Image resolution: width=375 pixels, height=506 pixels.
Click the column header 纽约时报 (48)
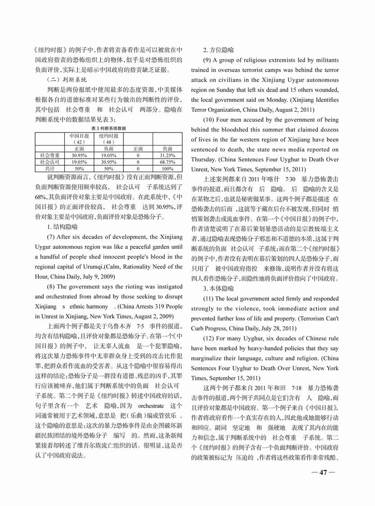pos(108,138)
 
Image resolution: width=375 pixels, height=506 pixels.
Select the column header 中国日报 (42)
pos(79,138)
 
